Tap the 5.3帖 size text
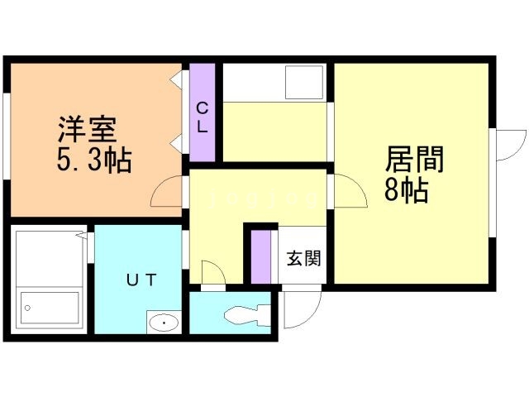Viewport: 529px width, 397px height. click(x=93, y=160)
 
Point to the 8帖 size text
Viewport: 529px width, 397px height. click(x=406, y=191)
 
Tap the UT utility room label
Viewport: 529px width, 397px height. click(x=141, y=280)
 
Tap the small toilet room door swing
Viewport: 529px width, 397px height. click(x=211, y=274)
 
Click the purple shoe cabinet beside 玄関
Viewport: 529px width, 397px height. click(x=262, y=256)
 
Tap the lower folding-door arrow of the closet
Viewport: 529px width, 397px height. click(x=178, y=146)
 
